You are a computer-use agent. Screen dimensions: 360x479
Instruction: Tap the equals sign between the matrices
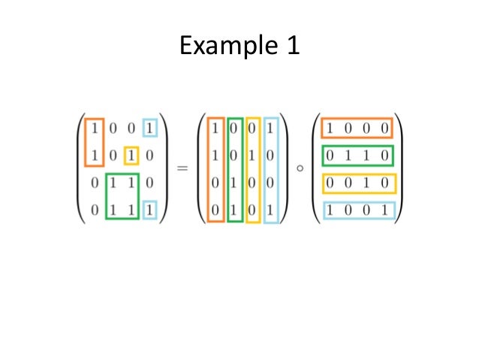[x=182, y=169]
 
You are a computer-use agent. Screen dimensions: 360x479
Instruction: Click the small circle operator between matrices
[x=300, y=168]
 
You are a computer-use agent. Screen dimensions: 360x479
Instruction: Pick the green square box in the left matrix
[x=122, y=198]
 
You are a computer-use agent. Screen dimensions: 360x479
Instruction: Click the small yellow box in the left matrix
[x=131, y=156]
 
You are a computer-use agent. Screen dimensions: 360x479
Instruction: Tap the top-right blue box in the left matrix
[x=152, y=129]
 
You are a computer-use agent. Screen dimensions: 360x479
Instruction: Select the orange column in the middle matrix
[x=215, y=171]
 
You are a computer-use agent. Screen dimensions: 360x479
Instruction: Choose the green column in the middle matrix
[x=235, y=171]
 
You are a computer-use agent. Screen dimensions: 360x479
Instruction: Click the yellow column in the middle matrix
[x=253, y=171]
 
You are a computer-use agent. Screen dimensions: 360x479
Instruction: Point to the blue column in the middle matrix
[x=271, y=171]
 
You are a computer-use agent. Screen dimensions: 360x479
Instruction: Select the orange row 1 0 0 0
[x=357, y=129]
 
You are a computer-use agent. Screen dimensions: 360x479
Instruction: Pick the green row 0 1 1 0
[x=357, y=156]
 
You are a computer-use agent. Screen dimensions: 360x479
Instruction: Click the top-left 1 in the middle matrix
[x=215, y=129]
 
